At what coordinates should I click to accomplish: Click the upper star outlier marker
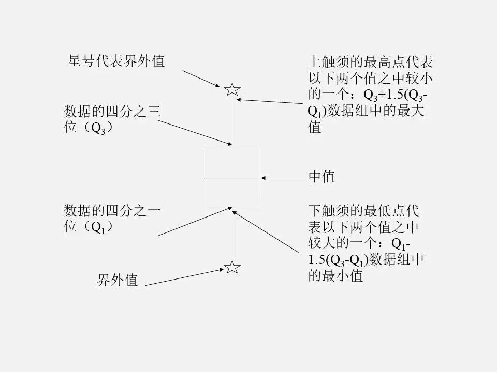pyautogui.click(x=232, y=89)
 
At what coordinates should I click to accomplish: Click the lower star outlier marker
pyautogui.click(x=232, y=267)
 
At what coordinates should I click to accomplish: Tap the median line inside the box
pyautogui.click(x=230, y=178)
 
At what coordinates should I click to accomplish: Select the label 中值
pyautogui.click(x=321, y=177)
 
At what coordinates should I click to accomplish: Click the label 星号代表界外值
pyautogui.click(x=116, y=61)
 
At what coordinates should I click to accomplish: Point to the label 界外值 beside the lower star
pyautogui.click(x=118, y=281)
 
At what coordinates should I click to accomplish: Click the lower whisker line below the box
pyautogui.click(x=232, y=235)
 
